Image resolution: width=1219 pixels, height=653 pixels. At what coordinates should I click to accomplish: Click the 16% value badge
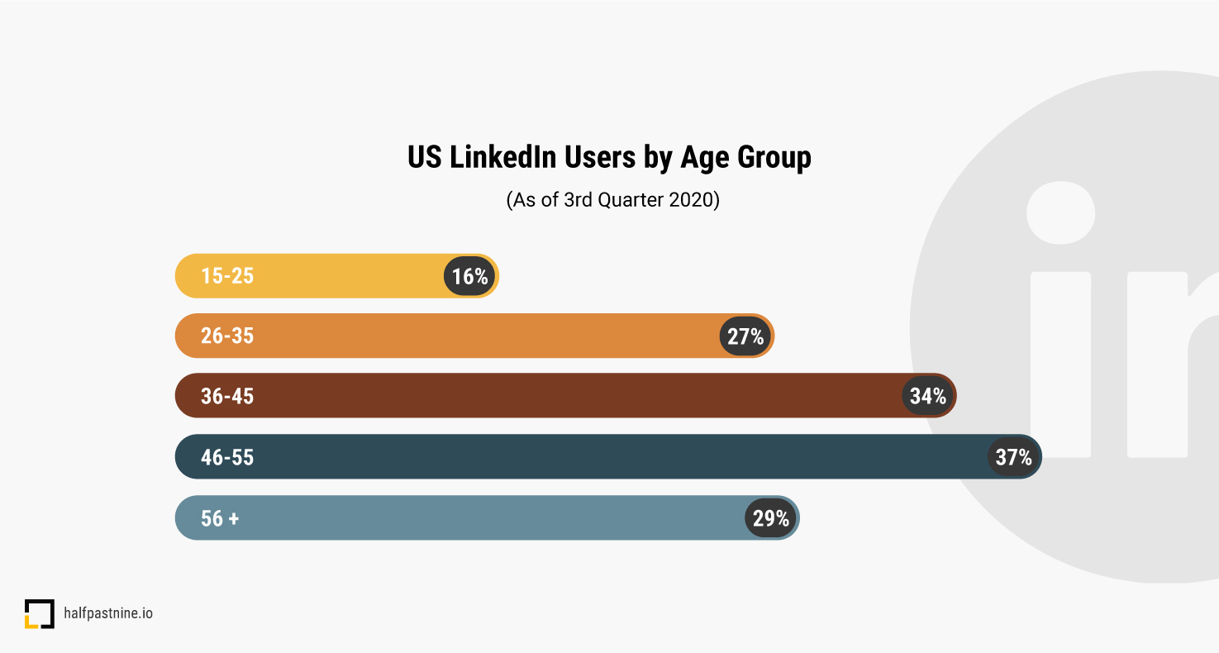[470, 276]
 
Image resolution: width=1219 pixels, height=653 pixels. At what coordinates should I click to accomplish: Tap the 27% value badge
[745, 336]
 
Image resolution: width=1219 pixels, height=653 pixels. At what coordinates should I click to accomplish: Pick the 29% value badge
[771, 518]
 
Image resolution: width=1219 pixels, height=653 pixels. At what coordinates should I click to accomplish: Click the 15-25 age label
[227, 276]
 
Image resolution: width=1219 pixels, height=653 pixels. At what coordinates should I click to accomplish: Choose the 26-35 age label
[227, 336]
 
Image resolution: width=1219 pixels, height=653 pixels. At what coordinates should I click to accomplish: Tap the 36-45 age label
[227, 397]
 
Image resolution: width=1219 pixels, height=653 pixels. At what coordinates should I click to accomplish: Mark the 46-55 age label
[227, 457]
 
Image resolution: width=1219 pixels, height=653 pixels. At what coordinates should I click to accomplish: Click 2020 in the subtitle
[691, 201]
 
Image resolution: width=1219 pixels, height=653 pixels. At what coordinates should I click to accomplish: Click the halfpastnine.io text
[108, 613]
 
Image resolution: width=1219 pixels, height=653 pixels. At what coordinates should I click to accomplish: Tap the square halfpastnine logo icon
[39, 614]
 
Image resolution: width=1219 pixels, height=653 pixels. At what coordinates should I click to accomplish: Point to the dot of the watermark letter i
[1060, 212]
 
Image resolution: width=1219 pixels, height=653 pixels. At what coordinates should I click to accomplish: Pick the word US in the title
[425, 157]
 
